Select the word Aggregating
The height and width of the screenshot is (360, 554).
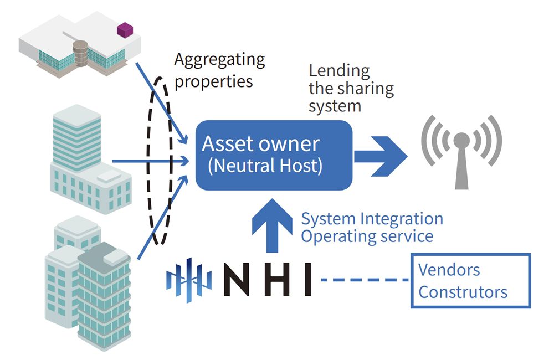pyautogui.click(x=219, y=59)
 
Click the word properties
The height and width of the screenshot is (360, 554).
pyautogui.click(x=213, y=81)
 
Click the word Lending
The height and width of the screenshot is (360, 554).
pyautogui.click(x=339, y=71)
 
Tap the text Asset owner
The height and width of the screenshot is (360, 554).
pyautogui.click(x=260, y=144)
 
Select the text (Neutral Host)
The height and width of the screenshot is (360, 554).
pyautogui.click(x=265, y=166)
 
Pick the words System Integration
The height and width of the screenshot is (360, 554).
pyautogui.click(x=372, y=219)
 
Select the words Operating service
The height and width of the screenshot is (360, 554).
pyautogui.click(x=366, y=236)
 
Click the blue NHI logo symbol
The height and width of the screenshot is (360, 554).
pyautogui.click(x=189, y=280)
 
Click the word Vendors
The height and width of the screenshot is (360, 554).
pyautogui.click(x=449, y=270)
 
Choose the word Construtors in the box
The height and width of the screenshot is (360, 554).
pyautogui.click(x=463, y=291)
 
